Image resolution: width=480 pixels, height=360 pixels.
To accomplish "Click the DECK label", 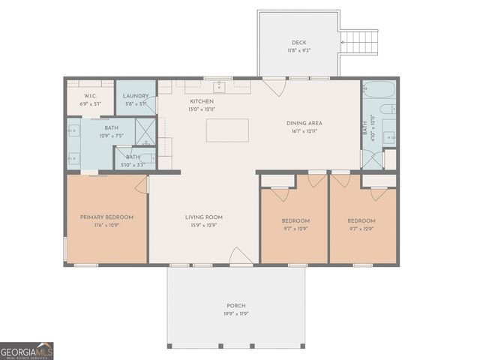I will tap(299, 43).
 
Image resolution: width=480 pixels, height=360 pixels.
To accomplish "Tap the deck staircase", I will tap(359, 42).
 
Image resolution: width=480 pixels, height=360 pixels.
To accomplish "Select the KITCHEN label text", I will tap(201, 101).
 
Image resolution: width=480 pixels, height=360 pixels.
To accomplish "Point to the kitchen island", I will tap(227, 130).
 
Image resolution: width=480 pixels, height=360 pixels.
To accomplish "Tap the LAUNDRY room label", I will tap(136, 96).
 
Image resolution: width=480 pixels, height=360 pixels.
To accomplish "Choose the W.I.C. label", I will tap(90, 95).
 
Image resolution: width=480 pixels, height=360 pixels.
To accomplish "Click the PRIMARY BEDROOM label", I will tap(106, 217).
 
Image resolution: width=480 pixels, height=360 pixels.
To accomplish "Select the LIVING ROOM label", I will tap(204, 217).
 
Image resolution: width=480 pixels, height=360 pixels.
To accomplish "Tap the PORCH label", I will tap(236, 306).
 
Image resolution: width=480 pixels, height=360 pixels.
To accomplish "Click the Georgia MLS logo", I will tap(27, 351).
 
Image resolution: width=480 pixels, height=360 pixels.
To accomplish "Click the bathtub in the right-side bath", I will tap(379, 90).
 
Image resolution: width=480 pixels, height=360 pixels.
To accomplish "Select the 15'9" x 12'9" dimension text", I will tap(204, 225).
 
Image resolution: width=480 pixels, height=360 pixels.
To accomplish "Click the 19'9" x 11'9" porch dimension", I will tap(236, 314).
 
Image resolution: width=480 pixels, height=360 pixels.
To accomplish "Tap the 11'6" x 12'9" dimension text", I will tap(106, 225).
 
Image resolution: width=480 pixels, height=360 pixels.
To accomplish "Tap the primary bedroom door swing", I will tap(142, 184).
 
